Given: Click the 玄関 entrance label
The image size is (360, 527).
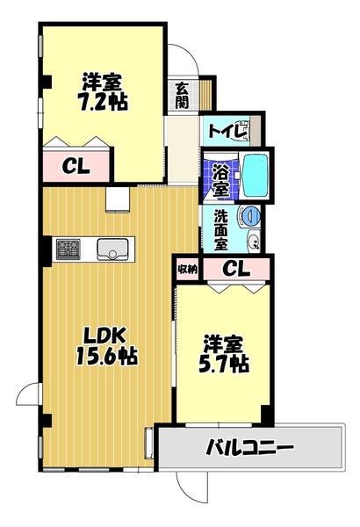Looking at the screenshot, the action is pos(182,95).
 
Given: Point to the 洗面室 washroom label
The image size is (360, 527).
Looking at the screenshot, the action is pos(221,230).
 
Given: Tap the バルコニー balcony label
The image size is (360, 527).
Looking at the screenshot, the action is pos(249,447).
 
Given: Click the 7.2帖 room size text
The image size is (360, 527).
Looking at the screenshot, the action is pos(104,101).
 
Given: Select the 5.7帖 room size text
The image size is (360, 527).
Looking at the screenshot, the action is pos(223,364).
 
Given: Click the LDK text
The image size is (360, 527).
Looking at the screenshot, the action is pos(104,335).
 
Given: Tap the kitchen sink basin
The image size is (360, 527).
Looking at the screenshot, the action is pos(112,249).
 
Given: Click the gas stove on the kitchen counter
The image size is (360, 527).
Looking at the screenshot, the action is pos(68,249).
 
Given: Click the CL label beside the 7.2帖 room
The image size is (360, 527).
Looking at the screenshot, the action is pos(76,166).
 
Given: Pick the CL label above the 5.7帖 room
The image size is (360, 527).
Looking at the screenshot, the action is pos(236,268).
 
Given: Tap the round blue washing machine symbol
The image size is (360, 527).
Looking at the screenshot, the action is pos(251,216).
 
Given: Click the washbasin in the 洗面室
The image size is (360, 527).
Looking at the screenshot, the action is pos(253,240).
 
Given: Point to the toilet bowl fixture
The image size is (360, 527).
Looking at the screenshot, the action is pos(244,131).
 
